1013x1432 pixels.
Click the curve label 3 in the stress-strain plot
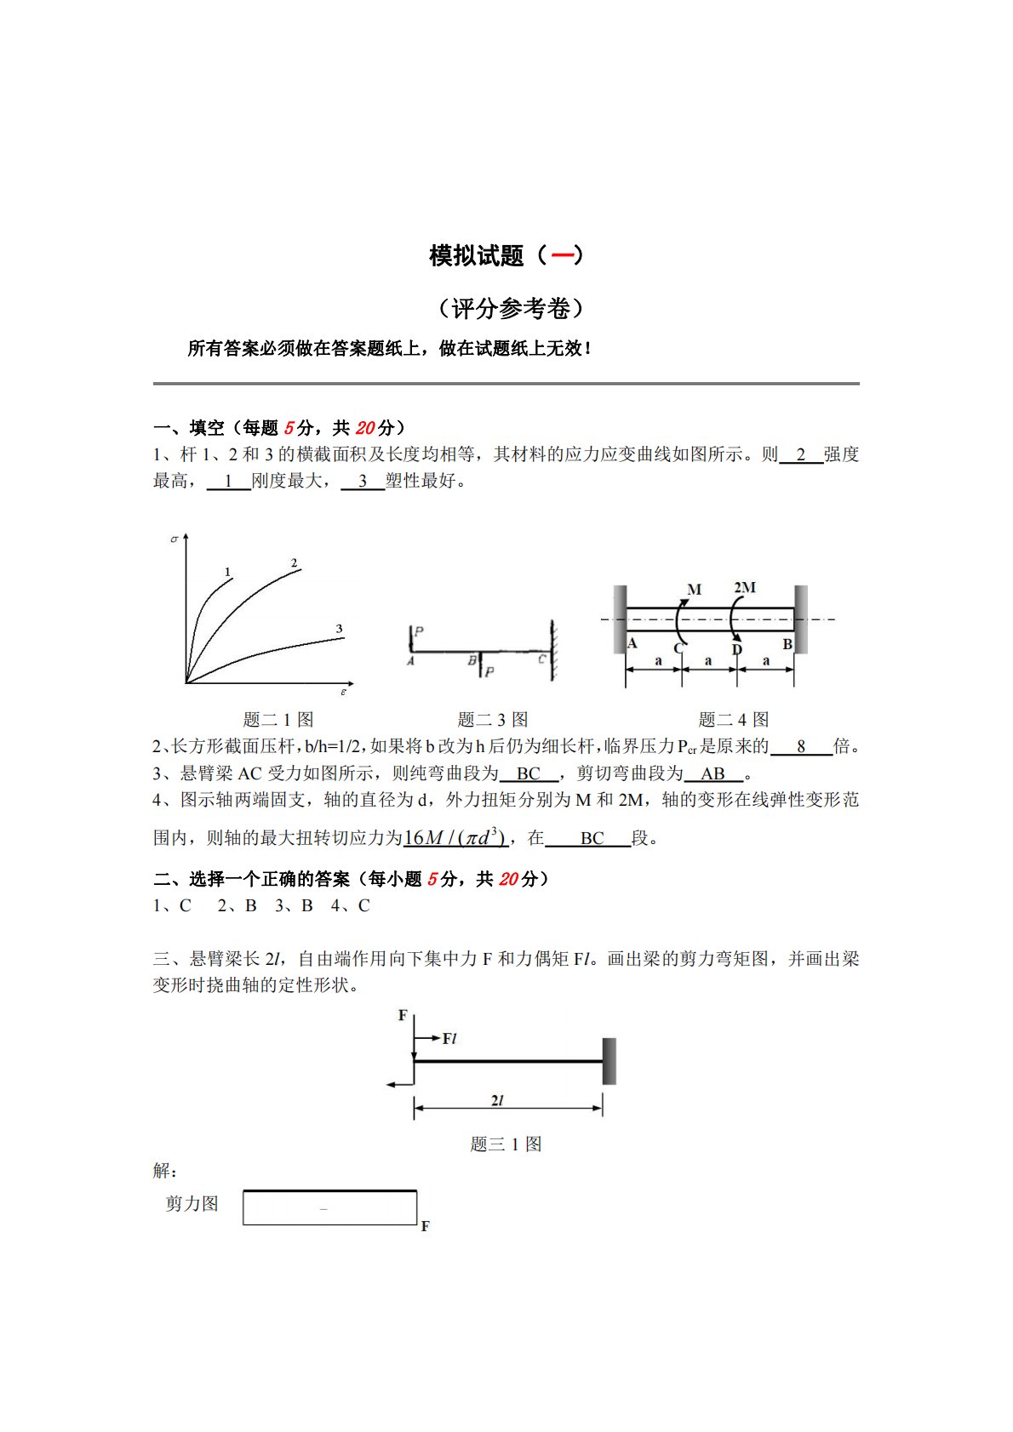click(339, 629)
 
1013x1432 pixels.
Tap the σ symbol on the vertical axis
click(175, 539)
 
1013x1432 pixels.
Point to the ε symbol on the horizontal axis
click(344, 693)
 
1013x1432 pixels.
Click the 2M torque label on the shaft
click(745, 587)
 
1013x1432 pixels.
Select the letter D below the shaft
click(737, 650)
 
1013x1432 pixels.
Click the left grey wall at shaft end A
click(620, 619)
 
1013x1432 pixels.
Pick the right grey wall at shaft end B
click(801, 619)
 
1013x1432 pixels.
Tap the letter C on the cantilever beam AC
click(542, 659)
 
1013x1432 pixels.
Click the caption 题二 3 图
click(493, 720)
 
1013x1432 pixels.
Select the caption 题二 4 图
click(734, 720)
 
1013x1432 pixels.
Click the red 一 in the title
click(562, 255)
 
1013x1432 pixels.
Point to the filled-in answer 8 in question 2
click(801, 747)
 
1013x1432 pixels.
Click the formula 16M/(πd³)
click(455, 838)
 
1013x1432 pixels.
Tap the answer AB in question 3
click(713, 773)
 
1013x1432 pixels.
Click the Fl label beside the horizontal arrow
click(450, 1038)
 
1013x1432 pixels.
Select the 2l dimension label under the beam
click(498, 1100)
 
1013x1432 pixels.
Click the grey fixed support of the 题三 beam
click(610, 1061)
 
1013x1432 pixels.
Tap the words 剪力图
click(192, 1204)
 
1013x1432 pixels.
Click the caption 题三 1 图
click(506, 1144)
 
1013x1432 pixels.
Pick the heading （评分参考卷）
click(511, 308)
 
